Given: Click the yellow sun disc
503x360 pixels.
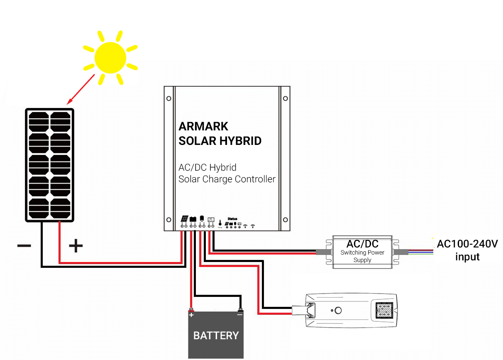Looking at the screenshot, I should (110, 58).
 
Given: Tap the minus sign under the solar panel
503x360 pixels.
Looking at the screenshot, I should (24, 246).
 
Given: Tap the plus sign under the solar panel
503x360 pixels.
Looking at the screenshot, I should (76, 246).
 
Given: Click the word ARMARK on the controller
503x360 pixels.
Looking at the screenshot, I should (203, 126).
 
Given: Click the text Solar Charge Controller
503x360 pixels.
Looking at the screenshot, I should (227, 179).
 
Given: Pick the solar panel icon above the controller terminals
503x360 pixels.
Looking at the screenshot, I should (185, 219).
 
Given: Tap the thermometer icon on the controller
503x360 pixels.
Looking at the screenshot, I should (220, 223).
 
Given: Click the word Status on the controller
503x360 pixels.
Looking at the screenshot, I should (232, 218).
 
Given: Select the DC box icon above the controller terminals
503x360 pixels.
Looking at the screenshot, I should (211, 219).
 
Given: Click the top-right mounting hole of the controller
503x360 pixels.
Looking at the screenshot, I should (285, 98).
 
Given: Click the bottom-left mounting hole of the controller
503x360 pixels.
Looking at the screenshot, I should (169, 220).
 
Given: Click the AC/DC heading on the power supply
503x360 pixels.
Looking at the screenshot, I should (362, 244).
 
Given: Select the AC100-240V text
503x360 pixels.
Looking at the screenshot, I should (467, 244).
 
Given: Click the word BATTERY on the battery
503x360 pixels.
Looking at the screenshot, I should (216, 336).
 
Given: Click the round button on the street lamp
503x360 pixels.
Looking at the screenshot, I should (338, 311).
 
